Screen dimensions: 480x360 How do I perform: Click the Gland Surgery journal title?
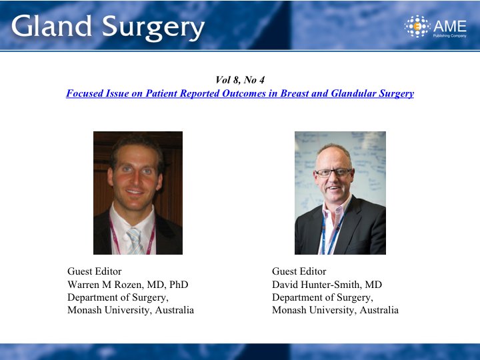(108, 27)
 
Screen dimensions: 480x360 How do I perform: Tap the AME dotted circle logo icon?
(417, 26)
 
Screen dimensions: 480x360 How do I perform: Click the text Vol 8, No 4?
(240, 80)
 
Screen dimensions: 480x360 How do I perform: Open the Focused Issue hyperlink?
(240, 93)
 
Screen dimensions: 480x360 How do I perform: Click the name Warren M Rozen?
(105, 285)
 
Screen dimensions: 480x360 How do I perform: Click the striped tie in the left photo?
(135, 241)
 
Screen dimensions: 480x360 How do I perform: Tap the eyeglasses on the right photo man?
(333, 173)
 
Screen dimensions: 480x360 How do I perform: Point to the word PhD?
(179, 285)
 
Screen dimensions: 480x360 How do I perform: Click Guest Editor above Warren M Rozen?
(95, 271)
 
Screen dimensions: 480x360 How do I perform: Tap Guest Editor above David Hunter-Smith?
(299, 271)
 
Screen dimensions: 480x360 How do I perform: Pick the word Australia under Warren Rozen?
(175, 310)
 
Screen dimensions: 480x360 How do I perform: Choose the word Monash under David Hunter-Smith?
(289, 310)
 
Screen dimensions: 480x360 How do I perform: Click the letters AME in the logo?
(450, 26)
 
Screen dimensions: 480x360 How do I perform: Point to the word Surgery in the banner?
(153, 28)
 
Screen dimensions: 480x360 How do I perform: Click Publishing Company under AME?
(450, 36)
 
